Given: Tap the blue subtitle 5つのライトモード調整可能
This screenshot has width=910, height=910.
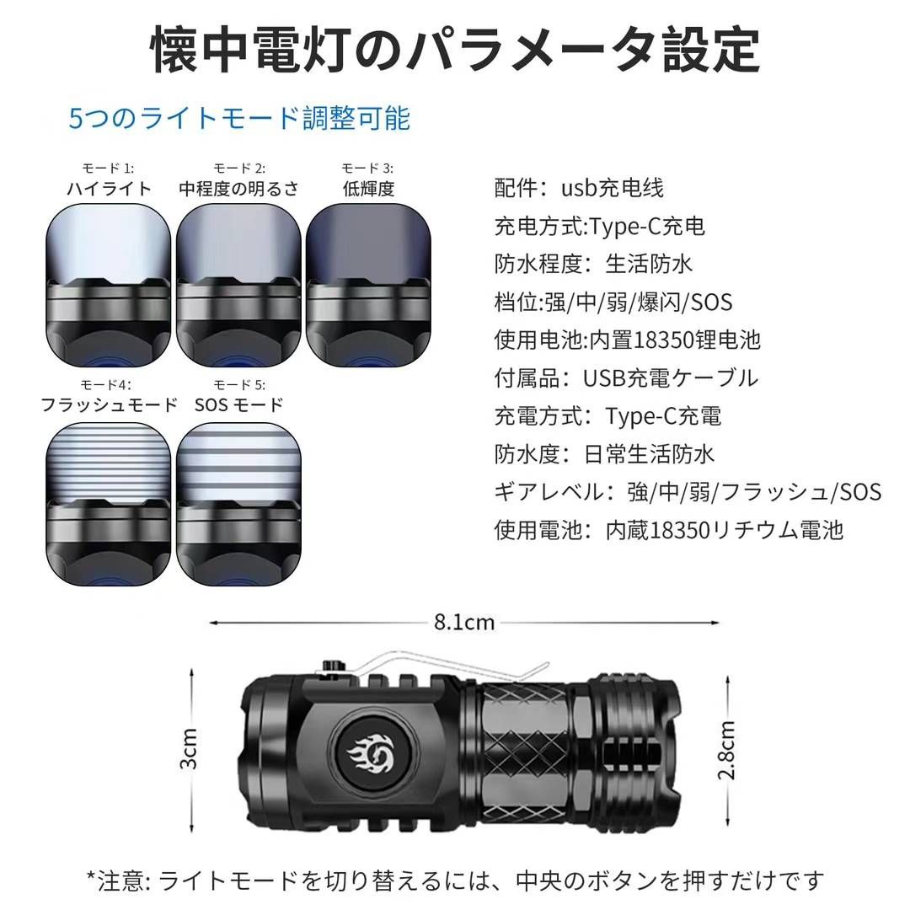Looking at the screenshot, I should pos(239,119).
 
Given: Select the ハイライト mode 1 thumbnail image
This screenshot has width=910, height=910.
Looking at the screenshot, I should pos(108,281).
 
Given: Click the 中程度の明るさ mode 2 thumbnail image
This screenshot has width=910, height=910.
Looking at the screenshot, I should pos(238,281).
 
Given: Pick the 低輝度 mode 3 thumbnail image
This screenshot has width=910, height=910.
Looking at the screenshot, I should pos(368,281).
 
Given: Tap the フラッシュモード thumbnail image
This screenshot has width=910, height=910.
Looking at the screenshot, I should pos(108,503).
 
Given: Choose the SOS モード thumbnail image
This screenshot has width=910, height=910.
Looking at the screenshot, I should pos(238,503).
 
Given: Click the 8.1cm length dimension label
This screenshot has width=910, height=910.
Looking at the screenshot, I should pos(464,623).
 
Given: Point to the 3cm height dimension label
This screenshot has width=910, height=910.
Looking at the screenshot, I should pos(190,747).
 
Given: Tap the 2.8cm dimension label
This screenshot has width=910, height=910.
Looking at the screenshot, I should pos(727,751).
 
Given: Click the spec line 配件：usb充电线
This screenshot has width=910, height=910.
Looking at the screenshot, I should pos(579,188).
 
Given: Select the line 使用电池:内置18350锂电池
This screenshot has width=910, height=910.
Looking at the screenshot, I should pos(627,340).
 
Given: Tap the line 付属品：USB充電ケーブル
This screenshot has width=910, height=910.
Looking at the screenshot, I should pos(625,378).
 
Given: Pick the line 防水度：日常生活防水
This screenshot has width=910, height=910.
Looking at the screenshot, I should pos(603,454).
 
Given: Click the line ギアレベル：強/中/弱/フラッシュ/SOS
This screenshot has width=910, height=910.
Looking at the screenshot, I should pos(687,492).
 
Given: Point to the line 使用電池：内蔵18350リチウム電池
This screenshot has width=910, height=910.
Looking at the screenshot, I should pos(668,530).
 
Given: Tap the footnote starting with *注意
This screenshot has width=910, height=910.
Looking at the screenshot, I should pos(455,881).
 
